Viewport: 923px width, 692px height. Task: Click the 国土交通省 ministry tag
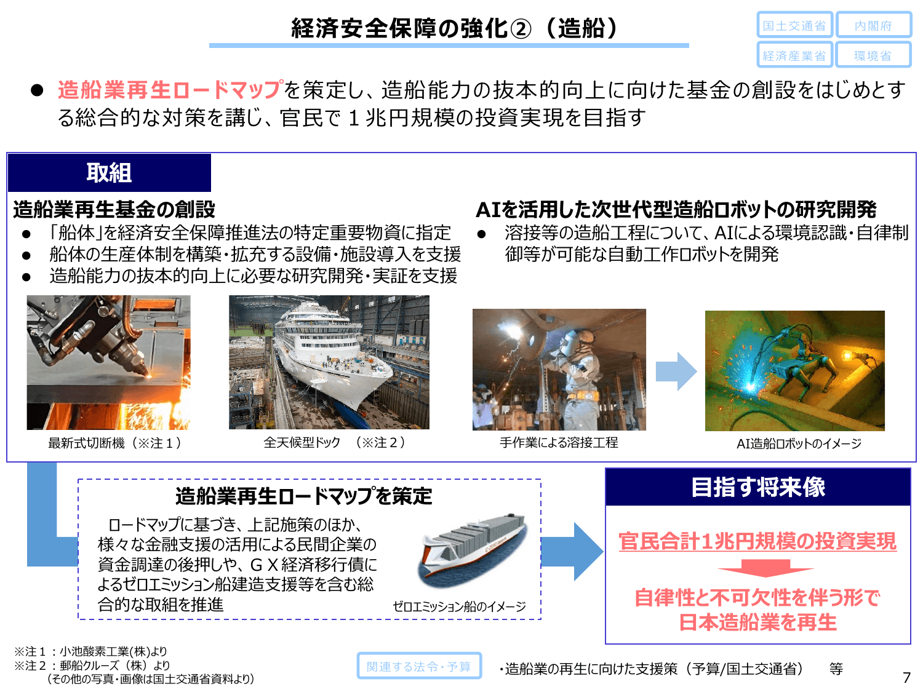click(794, 26)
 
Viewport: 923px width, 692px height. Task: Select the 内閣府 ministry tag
click(873, 26)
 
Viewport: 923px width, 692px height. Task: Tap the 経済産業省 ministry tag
click(794, 55)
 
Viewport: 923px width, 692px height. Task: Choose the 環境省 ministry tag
click(873, 55)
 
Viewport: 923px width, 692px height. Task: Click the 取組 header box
click(109, 173)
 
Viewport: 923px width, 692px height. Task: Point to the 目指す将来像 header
click(757, 487)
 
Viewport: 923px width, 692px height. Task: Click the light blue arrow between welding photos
click(676, 372)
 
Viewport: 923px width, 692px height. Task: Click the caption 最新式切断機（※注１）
click(114, 443)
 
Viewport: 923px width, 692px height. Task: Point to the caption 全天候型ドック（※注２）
click(335, 442)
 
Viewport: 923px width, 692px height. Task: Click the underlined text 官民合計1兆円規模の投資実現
click(757, 541)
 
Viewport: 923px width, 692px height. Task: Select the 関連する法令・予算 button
click(419, 666)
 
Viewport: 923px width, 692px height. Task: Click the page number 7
click(906, 678)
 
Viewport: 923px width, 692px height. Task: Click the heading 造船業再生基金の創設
click(114, 210)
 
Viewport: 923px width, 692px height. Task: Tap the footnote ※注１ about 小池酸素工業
click(90, 651)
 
